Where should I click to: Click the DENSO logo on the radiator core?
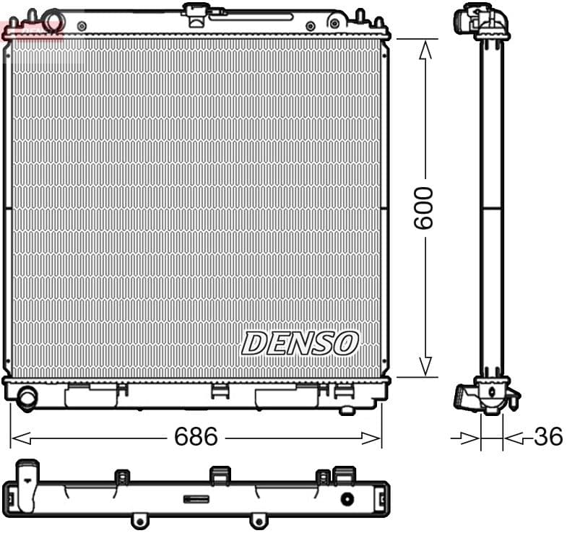(x=299, y=343)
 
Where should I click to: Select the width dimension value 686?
(x=196, y=436)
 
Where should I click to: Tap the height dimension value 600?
(x=424, y=207)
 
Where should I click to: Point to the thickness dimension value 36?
(x=547, y=436)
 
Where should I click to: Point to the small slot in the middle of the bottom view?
(x=196, y=498)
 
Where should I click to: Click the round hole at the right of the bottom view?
(x=347, y=498)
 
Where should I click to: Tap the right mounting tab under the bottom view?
(x=258, y=519)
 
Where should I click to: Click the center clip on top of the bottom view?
(x=220, y=474)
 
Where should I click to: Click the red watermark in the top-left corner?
(x=33, y=30)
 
